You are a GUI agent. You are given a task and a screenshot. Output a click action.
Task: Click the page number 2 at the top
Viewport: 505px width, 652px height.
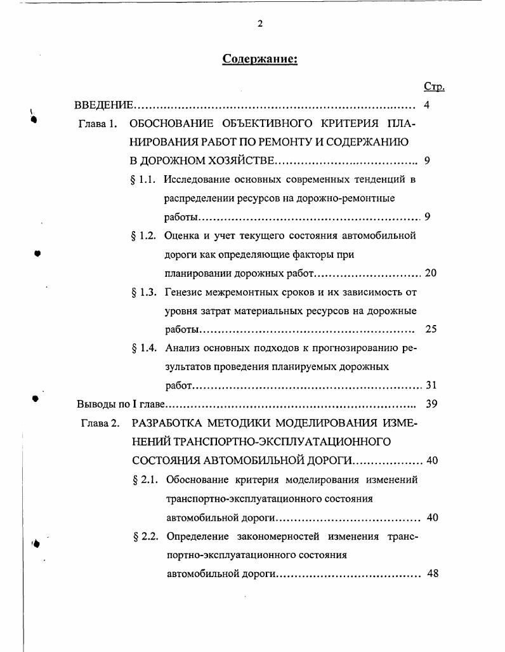pyautogui.click(x=260, y=24)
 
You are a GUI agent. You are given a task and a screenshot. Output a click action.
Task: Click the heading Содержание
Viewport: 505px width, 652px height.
pyautogui.click(x=260, y=59)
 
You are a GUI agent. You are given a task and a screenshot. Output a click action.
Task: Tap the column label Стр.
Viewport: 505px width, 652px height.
pyautogui.click(x=434, y=87)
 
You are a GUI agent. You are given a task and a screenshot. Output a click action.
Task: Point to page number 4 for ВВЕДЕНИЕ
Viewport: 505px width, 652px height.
pyautogui.click(x=426, y=105)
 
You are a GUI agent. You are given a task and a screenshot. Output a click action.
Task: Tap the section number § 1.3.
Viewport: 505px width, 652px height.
pyautogui.click(x=143, y=292)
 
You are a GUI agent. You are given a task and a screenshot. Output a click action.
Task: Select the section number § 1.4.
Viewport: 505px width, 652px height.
pyautogui.click(x=144, y=348)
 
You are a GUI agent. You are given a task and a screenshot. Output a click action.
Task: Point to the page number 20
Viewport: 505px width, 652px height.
pyautogui.click(x=431, y=274)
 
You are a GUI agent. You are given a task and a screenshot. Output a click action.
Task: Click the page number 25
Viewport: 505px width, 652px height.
pyautogui.click(x=431, y=329)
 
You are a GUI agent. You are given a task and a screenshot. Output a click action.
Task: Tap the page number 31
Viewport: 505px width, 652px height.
pyautogui.click(x=431, y=385)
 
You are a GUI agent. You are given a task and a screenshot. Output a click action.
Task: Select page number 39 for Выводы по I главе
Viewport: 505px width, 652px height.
pyautogui.click(x=431, y=404)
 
